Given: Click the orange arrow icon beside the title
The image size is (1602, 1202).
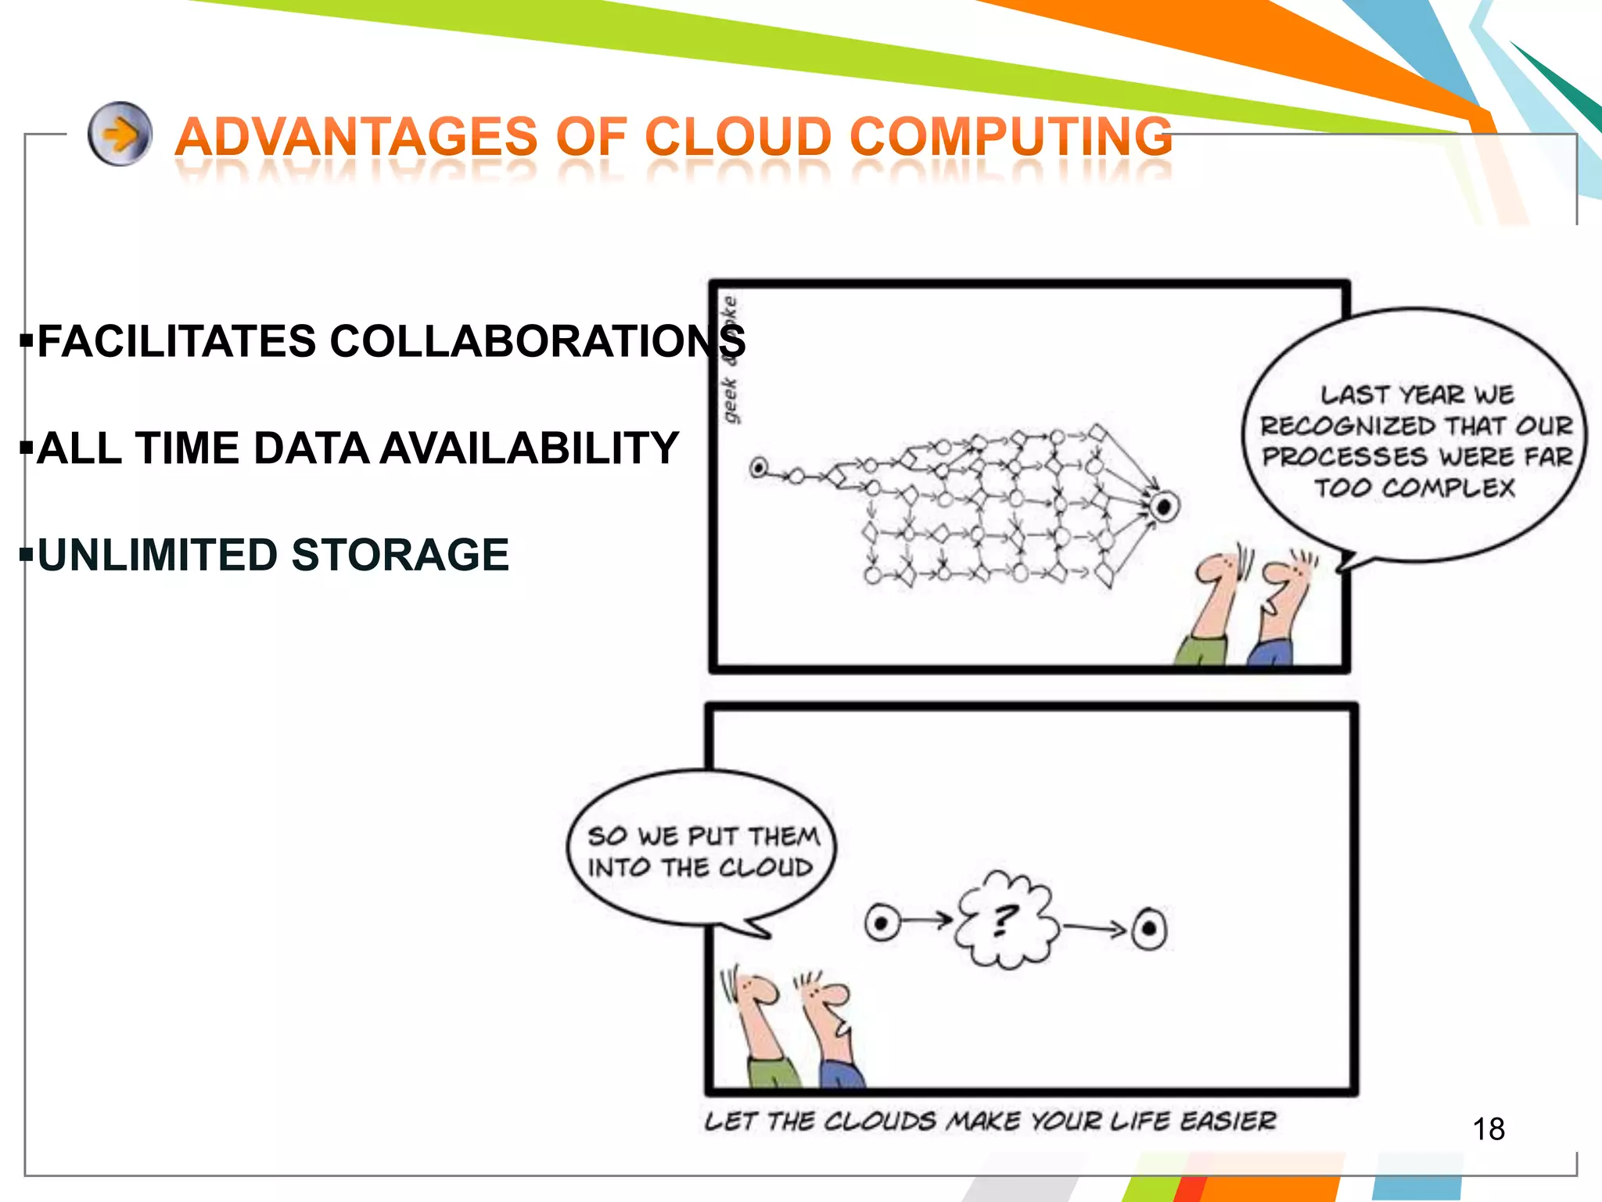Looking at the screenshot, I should point(120,134).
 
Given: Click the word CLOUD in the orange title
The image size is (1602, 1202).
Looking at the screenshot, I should point(738,137).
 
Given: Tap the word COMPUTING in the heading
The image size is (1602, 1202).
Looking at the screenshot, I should point(1011,137).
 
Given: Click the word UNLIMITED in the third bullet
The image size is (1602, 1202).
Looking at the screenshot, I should point(157,555).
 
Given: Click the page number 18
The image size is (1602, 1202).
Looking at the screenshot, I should point(1488,1129).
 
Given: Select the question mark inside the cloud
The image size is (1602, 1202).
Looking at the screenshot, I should point(1005,920).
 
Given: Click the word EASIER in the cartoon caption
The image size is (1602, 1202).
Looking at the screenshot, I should point(1228,1121).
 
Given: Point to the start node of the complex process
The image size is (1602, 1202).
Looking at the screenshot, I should point(758,468).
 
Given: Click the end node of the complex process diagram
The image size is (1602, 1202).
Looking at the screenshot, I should point(1163,506).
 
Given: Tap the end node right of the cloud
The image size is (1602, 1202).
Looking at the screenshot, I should point(1149,930).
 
